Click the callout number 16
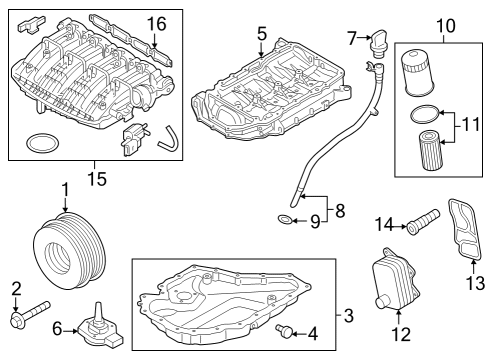click(157, 24)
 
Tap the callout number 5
click(262, 34)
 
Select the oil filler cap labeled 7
click(378, 44)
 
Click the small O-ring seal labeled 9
click(284, 220)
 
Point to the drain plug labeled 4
click(284, 330)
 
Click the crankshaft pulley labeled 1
click(70, 250)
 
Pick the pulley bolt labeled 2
click(30, 314)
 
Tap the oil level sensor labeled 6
click(99, 328)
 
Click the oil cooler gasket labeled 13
click(465, 229)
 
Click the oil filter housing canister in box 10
click(417, 73)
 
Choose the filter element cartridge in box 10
click(430, 150)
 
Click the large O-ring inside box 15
click(43, 143)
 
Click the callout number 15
click(97, 179)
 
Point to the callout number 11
click(471, 124)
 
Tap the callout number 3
click(348, 315)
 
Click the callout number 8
click(340, 211)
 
